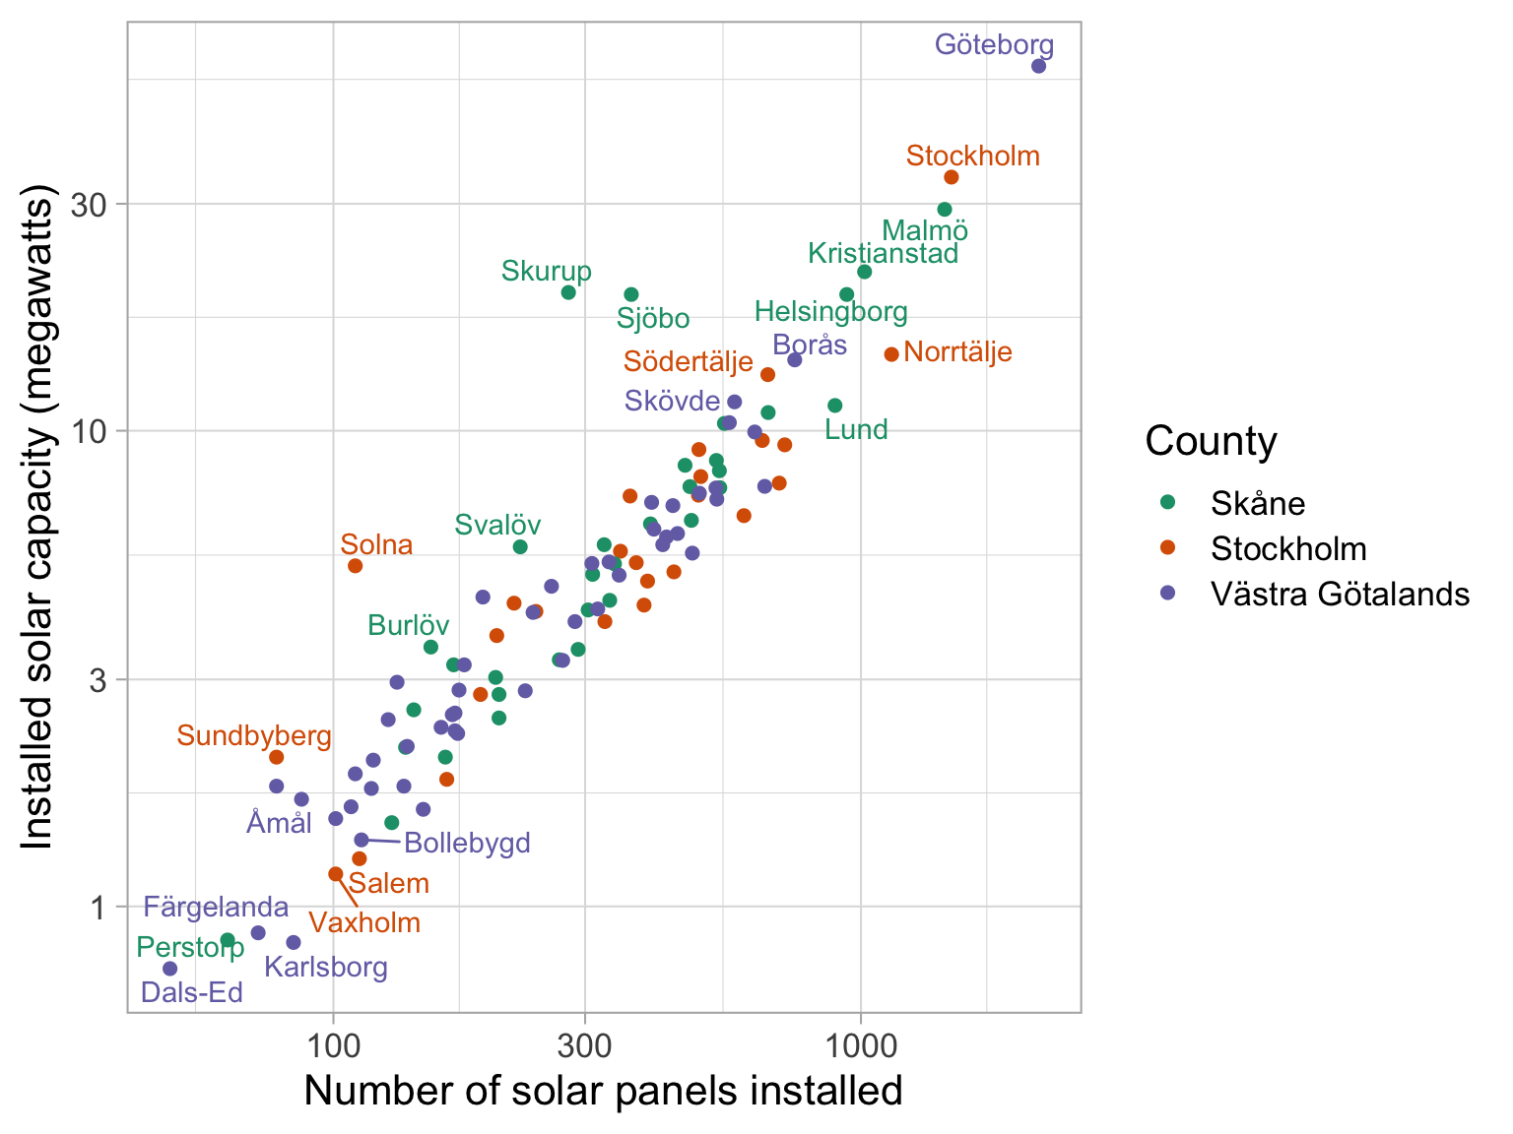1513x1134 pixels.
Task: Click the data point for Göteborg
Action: coord(1038,66)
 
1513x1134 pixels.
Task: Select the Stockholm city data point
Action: coord(952,177)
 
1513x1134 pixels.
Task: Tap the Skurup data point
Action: coord(568,292)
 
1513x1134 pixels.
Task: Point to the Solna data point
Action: coord(356,566)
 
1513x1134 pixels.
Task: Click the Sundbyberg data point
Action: coord(277,757)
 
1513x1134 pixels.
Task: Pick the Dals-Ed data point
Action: coord(169,969)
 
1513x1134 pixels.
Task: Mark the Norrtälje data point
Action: coord(891,354)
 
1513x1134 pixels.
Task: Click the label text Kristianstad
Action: coord(883,254)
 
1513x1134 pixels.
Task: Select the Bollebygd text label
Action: coord(467,843)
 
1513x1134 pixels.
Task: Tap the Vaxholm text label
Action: coord(364,923)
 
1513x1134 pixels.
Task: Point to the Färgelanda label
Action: coord(216,908)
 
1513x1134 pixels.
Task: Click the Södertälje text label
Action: coord(689,362)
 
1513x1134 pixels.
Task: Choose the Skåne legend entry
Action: coord(1258,504)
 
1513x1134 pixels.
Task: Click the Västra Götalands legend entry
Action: coord(1340,595)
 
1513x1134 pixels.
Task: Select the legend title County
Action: coord(1211,441)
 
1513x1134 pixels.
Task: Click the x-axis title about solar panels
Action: coord(603,1091)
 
